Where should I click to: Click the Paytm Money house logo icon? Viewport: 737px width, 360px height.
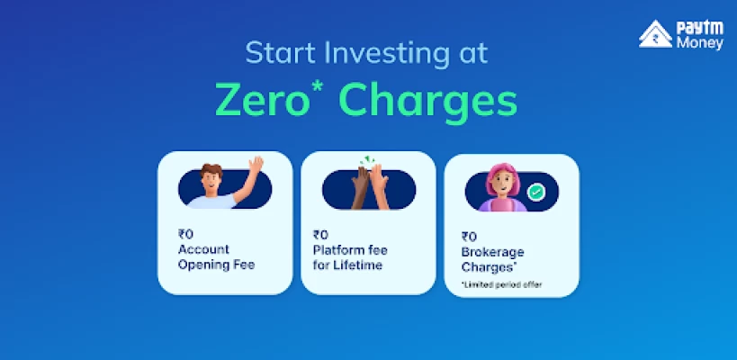(655, 34)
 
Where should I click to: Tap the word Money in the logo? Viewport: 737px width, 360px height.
(700, 43)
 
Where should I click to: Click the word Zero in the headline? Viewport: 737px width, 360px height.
(262, 100)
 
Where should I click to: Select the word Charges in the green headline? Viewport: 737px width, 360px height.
(428, 103)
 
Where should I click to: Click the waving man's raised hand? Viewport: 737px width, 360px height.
(256, 165)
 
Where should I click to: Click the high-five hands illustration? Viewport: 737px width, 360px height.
(370, 186)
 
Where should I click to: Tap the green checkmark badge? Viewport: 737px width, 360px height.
(535, 193)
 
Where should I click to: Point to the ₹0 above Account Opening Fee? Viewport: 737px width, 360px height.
(185, 234)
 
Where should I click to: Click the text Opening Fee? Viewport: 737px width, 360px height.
(216, 265)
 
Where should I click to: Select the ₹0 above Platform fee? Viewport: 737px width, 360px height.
(320, 235)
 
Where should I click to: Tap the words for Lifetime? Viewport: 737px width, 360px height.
(347, 265)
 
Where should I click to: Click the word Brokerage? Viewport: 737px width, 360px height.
(492, 252)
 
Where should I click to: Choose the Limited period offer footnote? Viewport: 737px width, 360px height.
(501, 284)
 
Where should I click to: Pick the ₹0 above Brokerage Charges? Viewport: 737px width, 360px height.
(469, 237)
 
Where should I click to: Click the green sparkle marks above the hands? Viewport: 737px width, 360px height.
(367, 160)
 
